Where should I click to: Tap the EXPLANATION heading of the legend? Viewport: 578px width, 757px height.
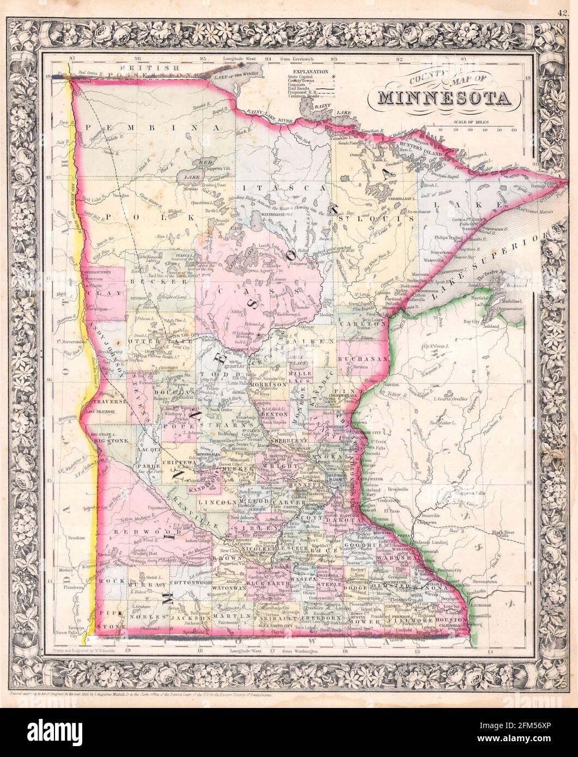point(310,71)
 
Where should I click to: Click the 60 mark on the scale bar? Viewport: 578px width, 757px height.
point(513,130)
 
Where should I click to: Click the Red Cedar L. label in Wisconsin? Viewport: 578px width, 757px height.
point(442,423)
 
